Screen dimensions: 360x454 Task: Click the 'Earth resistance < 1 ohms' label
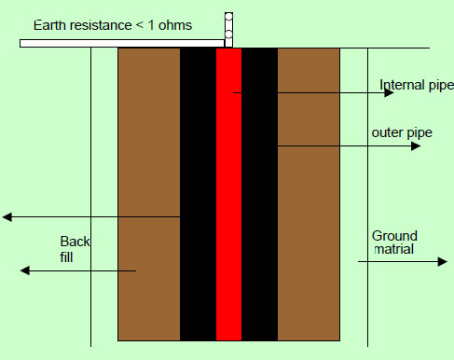pyautogui.click(x=113, y=24)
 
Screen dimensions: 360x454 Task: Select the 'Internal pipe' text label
pyautogui.click(x=416, y=86)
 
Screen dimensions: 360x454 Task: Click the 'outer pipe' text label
pyautogui.click(x=401, y=133)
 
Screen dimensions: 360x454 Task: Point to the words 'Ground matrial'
pyautogui.click(x=394, y=243)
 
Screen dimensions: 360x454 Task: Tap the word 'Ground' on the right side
pyautogui.click(x=394, y=236)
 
